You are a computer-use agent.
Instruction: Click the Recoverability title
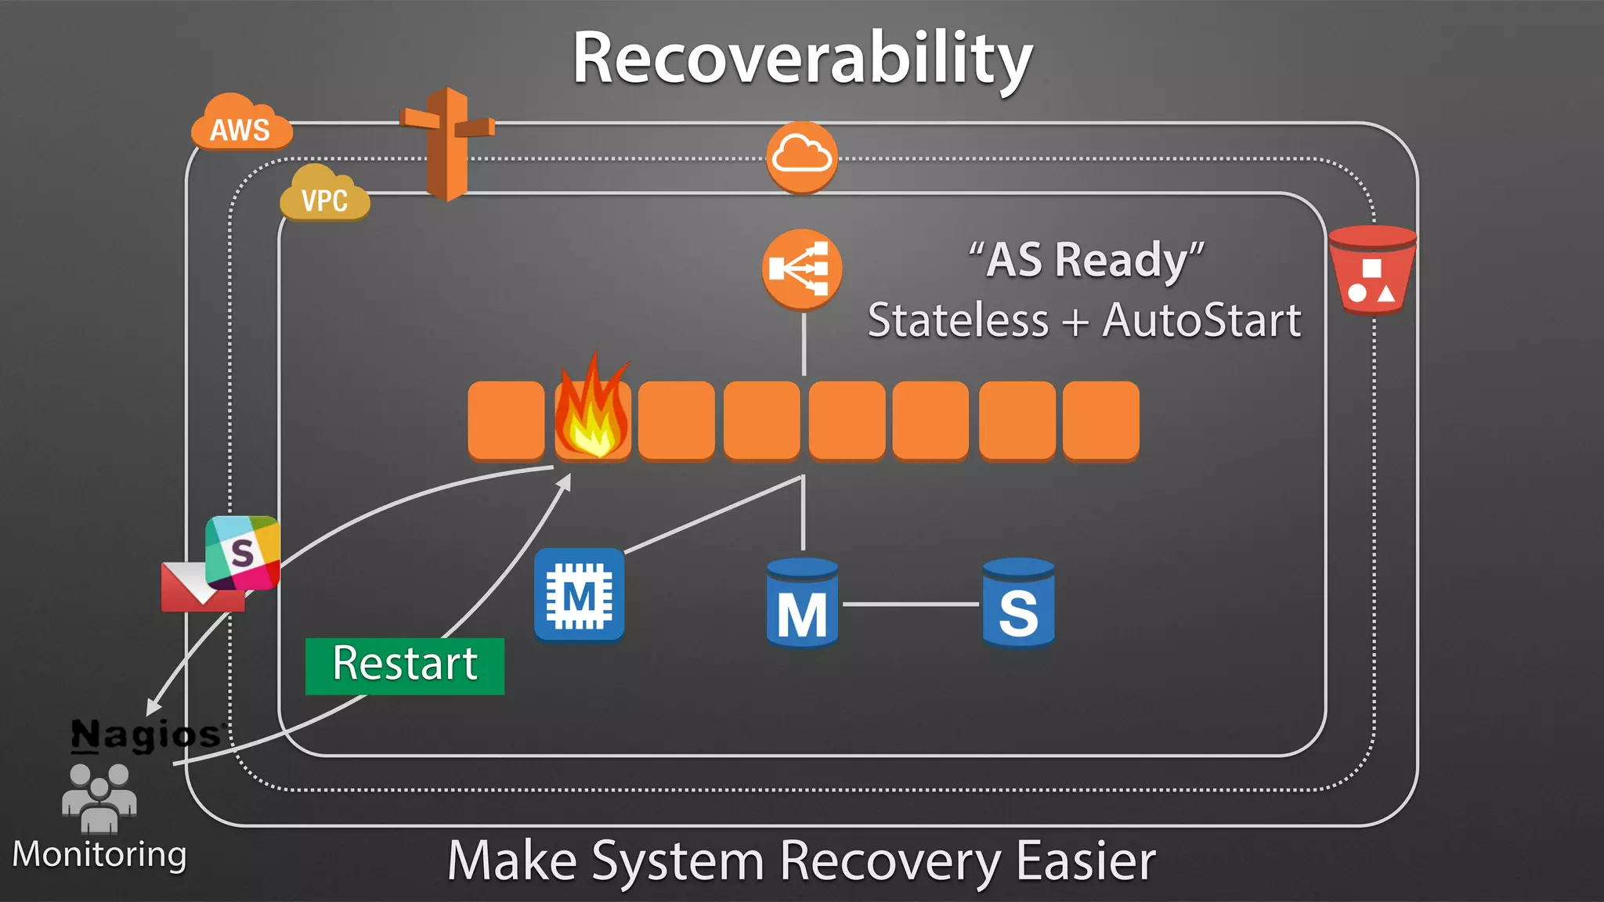pos(802,59)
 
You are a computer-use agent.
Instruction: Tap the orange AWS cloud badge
pos(240,125)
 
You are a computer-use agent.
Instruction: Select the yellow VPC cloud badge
pos(324,196)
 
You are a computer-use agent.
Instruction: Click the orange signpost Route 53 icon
pos(447,145)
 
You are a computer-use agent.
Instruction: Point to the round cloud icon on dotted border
pos(801,157)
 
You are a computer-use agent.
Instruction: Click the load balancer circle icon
pos(801,269)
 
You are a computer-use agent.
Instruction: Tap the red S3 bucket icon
pos(1371,270)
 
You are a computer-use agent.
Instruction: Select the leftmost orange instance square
pos(506,420)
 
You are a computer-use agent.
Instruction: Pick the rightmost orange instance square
pos(1100,420)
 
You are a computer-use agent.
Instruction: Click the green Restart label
pos(404,666)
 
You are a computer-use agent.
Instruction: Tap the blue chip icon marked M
pos(579,595)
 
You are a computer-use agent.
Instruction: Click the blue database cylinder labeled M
pos(802,604)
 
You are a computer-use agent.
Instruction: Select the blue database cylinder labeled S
pos(1018,604)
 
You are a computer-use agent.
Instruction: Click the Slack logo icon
pos(242,552)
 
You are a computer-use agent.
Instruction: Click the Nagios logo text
pos(146,734)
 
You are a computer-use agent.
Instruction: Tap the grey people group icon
pos(99,796)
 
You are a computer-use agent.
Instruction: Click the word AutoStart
pos(1201,321)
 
